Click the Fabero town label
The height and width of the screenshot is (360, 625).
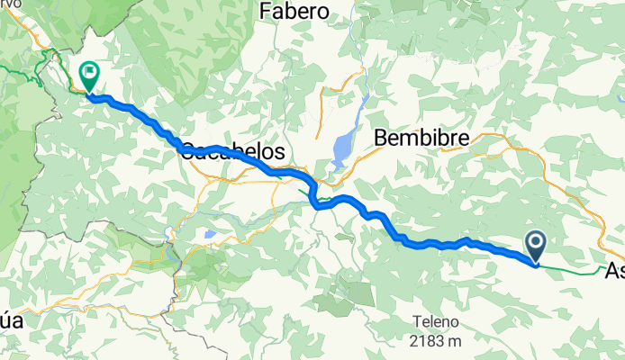294,11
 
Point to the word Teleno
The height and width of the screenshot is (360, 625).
436,321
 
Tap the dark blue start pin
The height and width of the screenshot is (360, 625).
535,245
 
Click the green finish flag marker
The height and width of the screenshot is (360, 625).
90,75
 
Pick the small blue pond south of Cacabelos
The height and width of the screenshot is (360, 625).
209,234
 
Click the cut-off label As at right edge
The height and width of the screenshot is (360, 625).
614,270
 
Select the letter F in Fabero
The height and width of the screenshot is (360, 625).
264,11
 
